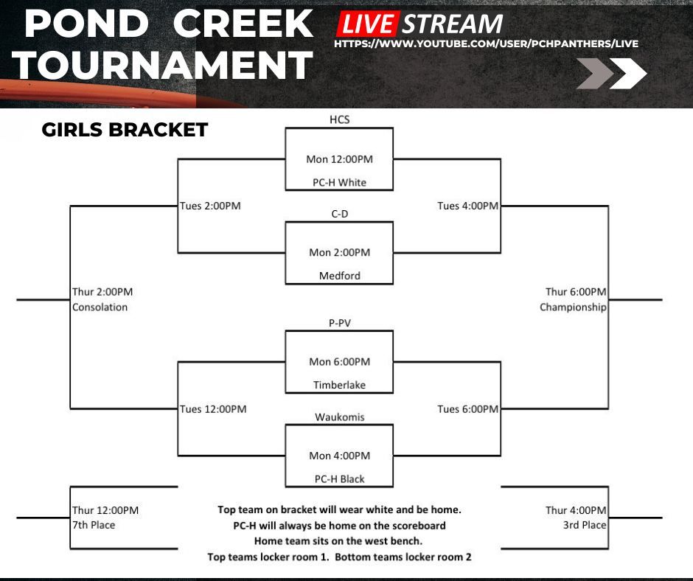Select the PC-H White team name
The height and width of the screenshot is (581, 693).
(x=339, y=182)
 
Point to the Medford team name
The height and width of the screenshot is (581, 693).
(x=339, y=276)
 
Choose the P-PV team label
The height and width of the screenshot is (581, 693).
(x=339, y=322)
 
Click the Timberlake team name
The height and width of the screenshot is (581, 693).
(x=339, y=385)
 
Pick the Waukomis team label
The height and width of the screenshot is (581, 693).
(x=339, y=417)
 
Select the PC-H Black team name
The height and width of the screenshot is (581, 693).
(x=339, y=479)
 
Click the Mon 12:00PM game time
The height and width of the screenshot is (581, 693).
(x=339, y=159)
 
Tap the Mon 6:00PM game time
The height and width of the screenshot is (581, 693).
(x=339, y=361)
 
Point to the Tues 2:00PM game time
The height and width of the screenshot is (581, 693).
(x=210, y=206)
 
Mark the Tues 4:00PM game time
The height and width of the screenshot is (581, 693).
(x=468, y=206)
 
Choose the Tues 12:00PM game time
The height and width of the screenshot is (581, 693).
(x=213, y=409)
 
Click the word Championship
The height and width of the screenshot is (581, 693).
(x=573, y=307)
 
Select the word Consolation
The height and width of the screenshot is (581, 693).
(x=100, y=307)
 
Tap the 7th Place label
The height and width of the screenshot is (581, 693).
(x=94, y=525)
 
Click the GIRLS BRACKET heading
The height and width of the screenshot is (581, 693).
(x=125, y=131)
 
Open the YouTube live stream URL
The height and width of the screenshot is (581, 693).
(x=486, y=44)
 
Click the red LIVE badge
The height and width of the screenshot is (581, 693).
(x=366, y=24)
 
